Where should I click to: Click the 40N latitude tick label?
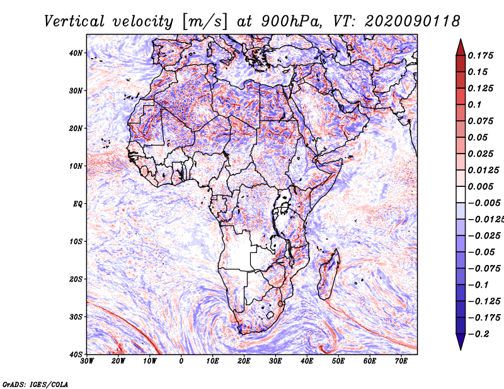click(76, 53)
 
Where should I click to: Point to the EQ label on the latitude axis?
click(77, 204)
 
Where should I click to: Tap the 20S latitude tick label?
click(76, 279)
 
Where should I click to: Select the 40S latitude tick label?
click(76, 354)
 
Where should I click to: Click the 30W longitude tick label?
click(87, 361)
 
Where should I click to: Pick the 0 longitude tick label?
click(181, 361)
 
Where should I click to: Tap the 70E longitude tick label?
click(401, 361)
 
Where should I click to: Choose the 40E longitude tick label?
click(307, 361)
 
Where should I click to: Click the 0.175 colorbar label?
click(481, 55)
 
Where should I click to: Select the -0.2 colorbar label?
click(478, 334)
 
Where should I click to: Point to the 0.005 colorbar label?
click(481, 186)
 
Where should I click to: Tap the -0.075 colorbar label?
click(484, 268)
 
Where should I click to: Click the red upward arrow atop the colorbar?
click(461, 48)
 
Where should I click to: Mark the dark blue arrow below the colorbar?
click(461, 341)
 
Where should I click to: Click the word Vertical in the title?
click(74, 21)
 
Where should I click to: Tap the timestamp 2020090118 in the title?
click(413, 21)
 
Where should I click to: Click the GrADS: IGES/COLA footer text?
click(35, 384)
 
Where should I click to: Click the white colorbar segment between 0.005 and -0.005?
click(461, 194)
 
